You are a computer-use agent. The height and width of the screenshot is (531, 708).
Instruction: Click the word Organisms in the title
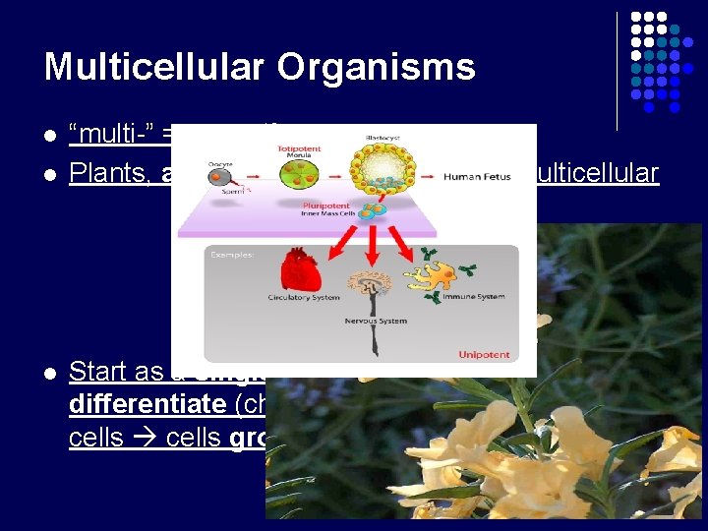click(376, 67)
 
